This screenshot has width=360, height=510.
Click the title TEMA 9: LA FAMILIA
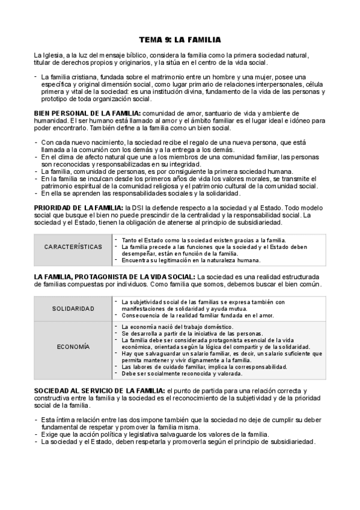pyautogui.click(x=180, y=40)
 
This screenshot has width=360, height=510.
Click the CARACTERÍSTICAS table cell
pyautogui.click(x=73, y=247)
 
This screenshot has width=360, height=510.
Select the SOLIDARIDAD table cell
pyautogui.click(x=73, y=309)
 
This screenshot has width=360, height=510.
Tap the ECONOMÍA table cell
pyautogui.click(x=73, y=346)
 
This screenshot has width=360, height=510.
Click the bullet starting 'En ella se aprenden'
pyautogui.click(x=129, y=193)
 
